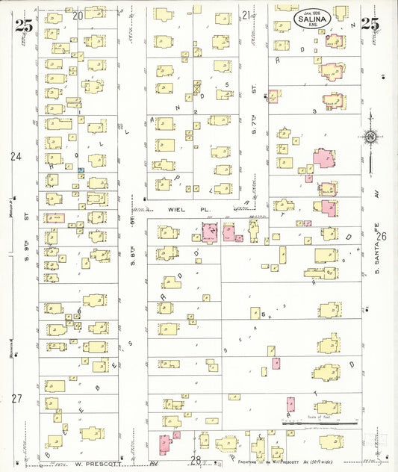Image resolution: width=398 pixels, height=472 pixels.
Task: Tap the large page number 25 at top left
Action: coord(22,24)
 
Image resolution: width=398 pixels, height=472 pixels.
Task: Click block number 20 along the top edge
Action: coord(78,15)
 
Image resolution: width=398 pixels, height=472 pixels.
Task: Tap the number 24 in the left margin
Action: coord(16,157)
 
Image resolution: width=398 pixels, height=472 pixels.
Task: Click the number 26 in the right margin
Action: coord(382,237)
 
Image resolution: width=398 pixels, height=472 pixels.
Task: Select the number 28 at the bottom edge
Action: coord(196,460)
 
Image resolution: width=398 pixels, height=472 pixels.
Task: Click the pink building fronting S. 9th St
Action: coord(54,218)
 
